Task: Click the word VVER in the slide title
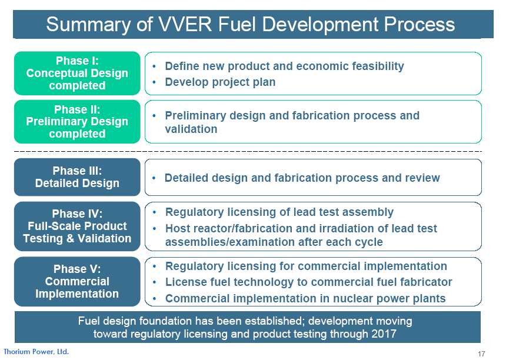coord(185,24)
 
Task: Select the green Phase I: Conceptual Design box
coord(77,73)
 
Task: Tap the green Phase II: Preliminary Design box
coord(77,122)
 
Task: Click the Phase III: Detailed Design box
coord(77,177)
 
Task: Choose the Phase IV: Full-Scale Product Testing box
coord(77,226)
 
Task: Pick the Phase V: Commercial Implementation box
coord(77,281)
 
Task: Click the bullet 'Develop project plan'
coord(220,82)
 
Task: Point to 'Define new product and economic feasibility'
coord(284,66)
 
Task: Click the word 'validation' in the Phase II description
coord(191,129)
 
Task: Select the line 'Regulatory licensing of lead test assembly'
coord(279,212)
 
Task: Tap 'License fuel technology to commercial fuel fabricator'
coord(308,282)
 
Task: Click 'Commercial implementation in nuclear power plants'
coord(305,298)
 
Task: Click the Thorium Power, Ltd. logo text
coord(36,352)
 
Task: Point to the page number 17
coord(481,354)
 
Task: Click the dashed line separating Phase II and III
coord(248,151)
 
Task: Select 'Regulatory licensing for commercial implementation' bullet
coord(306,266)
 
